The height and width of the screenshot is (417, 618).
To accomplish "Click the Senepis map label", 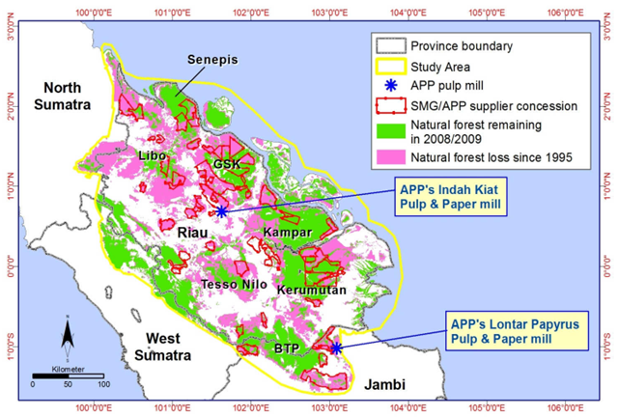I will pos(212,61).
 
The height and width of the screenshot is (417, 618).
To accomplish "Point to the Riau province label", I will pos(196,233).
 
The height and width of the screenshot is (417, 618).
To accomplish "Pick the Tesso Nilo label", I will pos(232,286).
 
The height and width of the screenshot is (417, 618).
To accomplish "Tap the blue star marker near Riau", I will pos(222,210).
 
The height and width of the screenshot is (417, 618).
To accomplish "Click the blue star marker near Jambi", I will pos(335,347).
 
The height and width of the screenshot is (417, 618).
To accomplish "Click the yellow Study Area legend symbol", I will pos(390,66).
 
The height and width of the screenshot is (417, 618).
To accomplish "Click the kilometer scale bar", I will pos(66,375).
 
